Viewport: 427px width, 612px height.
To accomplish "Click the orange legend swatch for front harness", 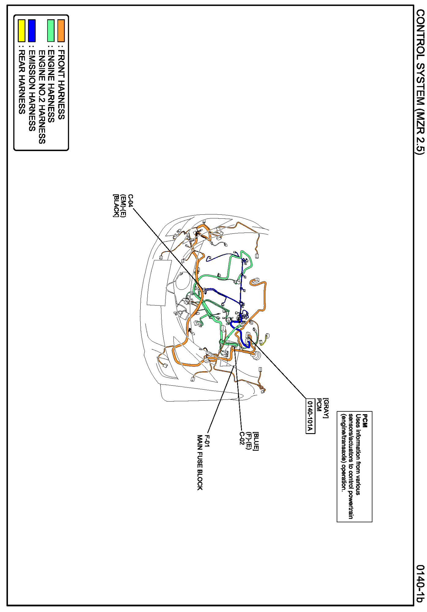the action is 61,30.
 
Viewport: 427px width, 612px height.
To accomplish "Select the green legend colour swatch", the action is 51,30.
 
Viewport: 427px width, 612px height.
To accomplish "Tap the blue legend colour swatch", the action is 32,30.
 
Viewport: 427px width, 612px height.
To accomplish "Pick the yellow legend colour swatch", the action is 21,30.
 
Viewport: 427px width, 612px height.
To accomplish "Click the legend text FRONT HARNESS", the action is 61,85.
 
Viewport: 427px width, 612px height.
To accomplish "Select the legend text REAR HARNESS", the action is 22,82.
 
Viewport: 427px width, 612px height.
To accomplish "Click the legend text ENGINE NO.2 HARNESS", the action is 42,97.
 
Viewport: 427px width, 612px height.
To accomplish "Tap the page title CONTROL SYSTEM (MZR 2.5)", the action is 420,82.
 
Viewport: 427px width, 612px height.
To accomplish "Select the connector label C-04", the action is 130,201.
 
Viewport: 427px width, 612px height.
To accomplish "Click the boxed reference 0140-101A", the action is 310,416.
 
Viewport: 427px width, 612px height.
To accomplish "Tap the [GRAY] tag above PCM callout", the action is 326,408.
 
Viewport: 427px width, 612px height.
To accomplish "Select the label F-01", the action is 207,441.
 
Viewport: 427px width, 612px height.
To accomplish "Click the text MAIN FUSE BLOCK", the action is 200,463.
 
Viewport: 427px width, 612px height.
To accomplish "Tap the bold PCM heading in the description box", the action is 365,421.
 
